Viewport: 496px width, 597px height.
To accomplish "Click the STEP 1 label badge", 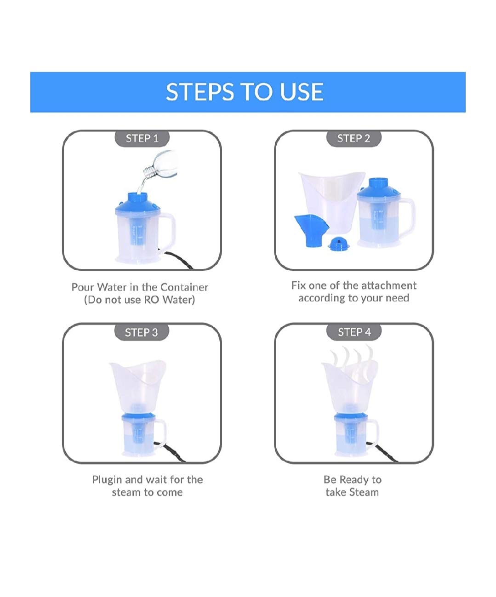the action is [142, 138].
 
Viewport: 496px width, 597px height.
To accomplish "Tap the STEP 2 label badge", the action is [354, 138].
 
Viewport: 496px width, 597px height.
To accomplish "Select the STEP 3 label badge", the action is [142, 332].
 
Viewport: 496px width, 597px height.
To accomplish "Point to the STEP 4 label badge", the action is [354, 332].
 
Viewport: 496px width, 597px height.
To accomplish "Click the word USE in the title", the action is [302, 92].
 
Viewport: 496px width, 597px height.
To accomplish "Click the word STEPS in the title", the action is [200, 92].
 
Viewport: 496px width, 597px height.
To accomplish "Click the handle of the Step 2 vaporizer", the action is [407, 219].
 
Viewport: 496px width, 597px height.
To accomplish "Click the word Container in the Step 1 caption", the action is [184, 287].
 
